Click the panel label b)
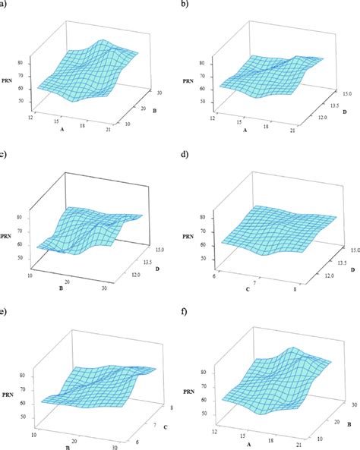click(x=186, y=5)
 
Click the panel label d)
click(x=186, y=156)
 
